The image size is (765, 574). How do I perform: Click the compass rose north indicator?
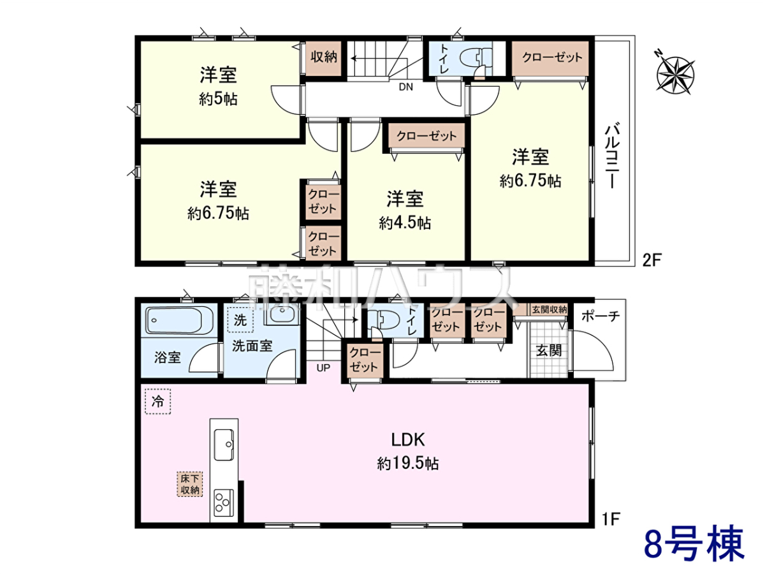[x=674, y=75]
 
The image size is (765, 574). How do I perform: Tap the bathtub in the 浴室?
[x=174, y=320]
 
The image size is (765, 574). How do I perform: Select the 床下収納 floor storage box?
[x=190, y=484]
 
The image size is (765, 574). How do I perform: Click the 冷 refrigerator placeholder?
[x=157, y=402]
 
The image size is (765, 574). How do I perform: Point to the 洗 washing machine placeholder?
[x=240, y=320]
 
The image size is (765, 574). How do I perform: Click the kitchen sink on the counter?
[x=224, y=445]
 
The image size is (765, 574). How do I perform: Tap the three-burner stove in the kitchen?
[x=223, y=503]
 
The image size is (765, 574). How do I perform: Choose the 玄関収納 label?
[x=549, y=309]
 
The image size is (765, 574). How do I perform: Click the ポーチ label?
[x=601, y=316]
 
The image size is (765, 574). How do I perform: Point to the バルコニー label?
[x=613, y=155]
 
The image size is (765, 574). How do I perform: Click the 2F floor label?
[x=652, y=260]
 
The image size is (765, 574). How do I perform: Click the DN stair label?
[x=405, y=87]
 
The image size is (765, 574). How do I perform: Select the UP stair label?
[x=323, y=368]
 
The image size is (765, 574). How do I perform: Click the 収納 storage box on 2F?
[x=323, y=58]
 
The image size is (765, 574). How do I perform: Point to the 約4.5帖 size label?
[x=405, y=223]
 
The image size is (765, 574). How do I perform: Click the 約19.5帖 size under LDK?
[x=407, y=464]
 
